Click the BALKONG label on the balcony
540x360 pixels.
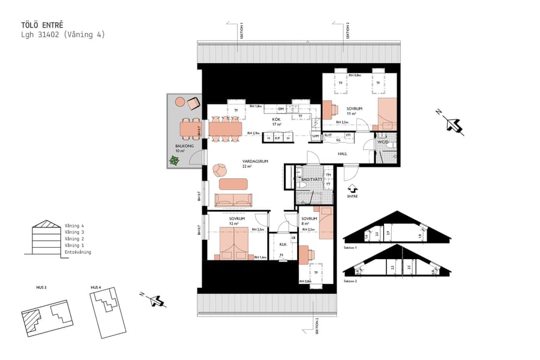point(176,146)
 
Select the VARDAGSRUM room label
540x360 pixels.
point(255,161)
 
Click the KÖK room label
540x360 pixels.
point(277,119)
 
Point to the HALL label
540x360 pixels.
point(343,154)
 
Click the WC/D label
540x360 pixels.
point(383,143)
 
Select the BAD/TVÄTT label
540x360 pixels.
point(312,179)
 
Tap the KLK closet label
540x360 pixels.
point(283,244)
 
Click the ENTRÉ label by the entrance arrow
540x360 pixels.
point(352,196)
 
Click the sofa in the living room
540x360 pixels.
point(233,199)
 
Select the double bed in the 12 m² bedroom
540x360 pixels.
point(233,242)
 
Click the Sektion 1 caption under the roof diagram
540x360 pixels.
point(351,247)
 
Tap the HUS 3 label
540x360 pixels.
point(41,288)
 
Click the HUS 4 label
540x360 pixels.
point(95,288)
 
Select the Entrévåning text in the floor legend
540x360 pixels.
point(78,252)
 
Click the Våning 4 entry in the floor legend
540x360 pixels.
point(74,226)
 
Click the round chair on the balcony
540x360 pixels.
point(179,102)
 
